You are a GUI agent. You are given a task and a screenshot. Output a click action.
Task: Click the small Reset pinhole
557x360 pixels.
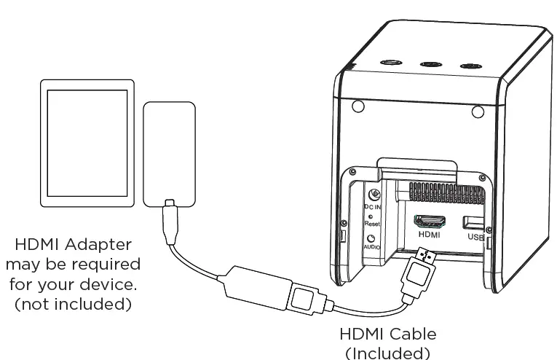coord(371,216)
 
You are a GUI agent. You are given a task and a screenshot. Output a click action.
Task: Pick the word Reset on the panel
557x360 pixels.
coord(372,224)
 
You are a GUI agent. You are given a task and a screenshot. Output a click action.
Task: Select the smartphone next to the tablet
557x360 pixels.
coord(169,153)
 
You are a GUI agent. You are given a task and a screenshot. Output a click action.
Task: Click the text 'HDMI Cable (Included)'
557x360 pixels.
coord(387,343)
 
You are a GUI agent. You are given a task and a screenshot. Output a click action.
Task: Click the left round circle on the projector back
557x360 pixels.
coord(357,107)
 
